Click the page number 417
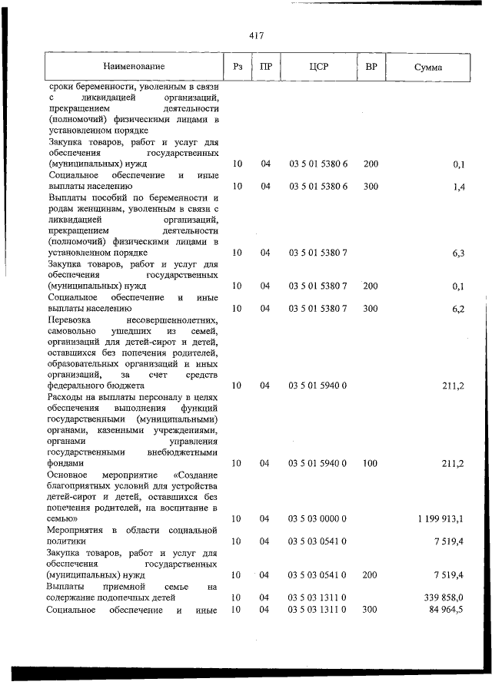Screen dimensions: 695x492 tap(257, 35)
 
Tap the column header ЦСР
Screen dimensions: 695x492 tap(318, 67)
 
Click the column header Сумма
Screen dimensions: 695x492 tap(427, 67)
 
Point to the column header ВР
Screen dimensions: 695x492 tap(371, 67)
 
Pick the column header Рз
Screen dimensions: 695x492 tap(238, 67)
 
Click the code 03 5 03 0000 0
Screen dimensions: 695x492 tap(318, 519)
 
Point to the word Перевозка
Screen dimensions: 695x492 tap(69, 319)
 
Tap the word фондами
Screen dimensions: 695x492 tap(65, 464)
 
